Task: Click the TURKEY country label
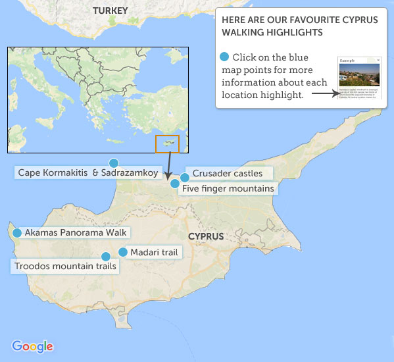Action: tap(110, 11)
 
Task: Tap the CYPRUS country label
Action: tap(205, 236)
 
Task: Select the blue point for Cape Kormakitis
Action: tap(114, 163)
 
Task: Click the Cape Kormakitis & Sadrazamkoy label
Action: tap(87, 173)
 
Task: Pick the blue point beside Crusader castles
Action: tap(185, 176)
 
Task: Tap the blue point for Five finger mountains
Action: tap(174, 184)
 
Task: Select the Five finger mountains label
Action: tap(228, 189)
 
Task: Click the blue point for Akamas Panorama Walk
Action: tap(16, 232)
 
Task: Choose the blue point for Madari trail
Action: tap(122, 252)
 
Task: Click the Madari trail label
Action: tap(153, 252)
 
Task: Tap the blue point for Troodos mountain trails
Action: tap(105, 257)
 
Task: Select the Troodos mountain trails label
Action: tap(64, 267)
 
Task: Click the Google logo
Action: tap(32, 346)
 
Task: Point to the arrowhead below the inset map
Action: tap(168, 176)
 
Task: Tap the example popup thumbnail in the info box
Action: tap(359, 77)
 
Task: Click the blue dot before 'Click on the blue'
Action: tap(225, 57)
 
